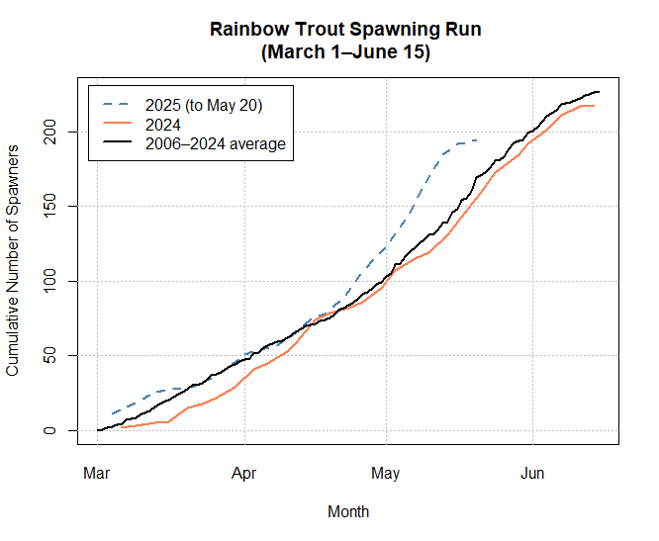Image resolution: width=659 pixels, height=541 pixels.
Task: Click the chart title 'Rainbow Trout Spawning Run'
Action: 345,29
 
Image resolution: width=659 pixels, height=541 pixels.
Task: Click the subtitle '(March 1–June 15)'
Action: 345,52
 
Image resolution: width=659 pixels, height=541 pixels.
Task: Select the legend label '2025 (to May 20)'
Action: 204,104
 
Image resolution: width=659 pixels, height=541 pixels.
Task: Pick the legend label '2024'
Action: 161,124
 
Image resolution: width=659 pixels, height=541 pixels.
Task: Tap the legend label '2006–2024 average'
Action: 214,143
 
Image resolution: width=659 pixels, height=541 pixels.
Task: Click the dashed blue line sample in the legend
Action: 117,104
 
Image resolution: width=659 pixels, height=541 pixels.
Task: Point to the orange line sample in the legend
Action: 117,124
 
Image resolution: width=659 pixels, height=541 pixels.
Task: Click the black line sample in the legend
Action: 117,143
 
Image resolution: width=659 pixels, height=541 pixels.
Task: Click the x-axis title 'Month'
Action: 348,511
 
